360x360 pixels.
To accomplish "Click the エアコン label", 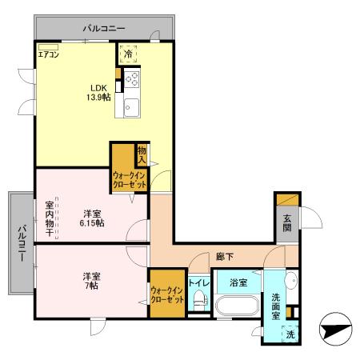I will click(x=47, y=56).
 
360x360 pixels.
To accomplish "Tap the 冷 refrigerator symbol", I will click(x=128, y=55).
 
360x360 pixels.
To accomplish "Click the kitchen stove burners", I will click(x=130, y=80).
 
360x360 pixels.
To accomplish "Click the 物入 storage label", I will click(x=142, y=153).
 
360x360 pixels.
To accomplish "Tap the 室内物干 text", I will click(x=50, y=217).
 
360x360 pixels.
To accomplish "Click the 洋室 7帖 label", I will click(x=90, y=281).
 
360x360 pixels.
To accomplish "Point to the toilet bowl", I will click(x=200, y=302).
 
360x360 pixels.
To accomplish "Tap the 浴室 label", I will click(x=238, y=282).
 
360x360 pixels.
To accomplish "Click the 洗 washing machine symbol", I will click(x=290, y=334).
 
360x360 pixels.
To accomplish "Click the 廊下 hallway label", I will click(x=225, y=258).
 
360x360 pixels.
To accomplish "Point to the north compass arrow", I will click(x=335, y=330).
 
